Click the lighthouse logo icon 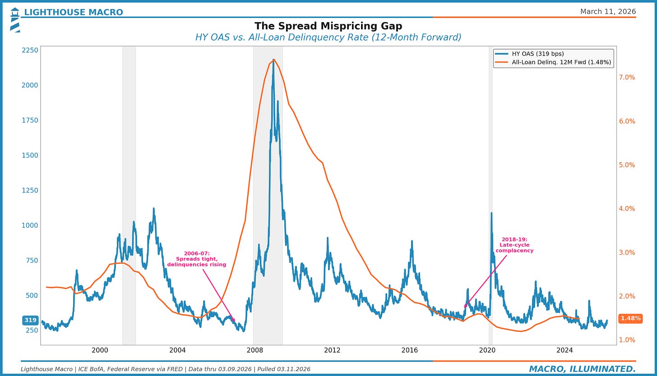pos(15,20)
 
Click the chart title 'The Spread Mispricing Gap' pos(328,26)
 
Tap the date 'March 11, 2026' pos(608,11)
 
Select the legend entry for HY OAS pos(529,54)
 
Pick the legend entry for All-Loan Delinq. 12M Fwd pos(553,62)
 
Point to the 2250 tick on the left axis pos(30,50)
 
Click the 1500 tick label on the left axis pos(30,156)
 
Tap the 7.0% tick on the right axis pos(627,78)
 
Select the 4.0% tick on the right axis pos(627,209)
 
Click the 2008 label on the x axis pos(254,350)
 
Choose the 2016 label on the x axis pos(409,350)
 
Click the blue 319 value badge pos(30,320)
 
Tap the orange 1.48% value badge pos(631,318)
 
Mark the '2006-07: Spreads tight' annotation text pos(197,259)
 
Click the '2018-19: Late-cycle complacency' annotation pos(514,245)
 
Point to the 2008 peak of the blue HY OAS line pos(273,60)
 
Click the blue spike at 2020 pos(491,213)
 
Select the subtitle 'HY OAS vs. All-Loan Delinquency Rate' pos(328,37)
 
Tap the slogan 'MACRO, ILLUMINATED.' pos(583,369)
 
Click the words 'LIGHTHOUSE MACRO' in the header pos(74,12)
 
